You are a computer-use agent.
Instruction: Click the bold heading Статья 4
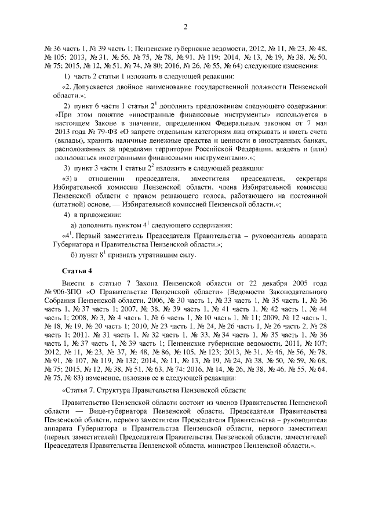(x=77, y=271)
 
